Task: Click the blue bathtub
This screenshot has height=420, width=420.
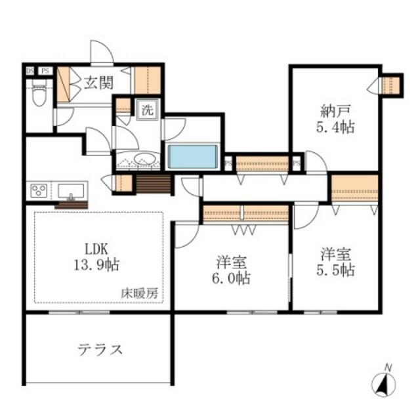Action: [192, 157]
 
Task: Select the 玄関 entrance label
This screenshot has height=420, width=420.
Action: [99, 83]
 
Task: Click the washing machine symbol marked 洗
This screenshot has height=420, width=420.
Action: [147, 110]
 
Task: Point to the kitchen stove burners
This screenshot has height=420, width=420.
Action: [39, 191]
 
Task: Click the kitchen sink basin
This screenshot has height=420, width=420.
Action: [71, 191]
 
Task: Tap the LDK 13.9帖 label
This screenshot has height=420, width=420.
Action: [96, 257]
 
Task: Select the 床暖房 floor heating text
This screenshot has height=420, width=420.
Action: [139, 293]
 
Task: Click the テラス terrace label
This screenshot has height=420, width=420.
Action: [100, 350]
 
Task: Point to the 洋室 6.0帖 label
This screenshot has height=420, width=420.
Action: [232, 270]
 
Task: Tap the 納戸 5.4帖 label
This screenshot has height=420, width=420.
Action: [335, 119]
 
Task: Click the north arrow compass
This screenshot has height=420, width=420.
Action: [383, 381]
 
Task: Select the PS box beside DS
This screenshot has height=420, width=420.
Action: [45, 71]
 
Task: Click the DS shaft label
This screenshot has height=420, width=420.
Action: [30, 71]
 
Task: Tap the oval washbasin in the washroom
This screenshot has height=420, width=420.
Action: [144, 159]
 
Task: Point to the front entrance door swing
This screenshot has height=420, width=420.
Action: [102, 52]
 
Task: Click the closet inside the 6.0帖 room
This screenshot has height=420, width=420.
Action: [245, 213]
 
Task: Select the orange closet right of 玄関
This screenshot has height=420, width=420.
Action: [147, 80]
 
